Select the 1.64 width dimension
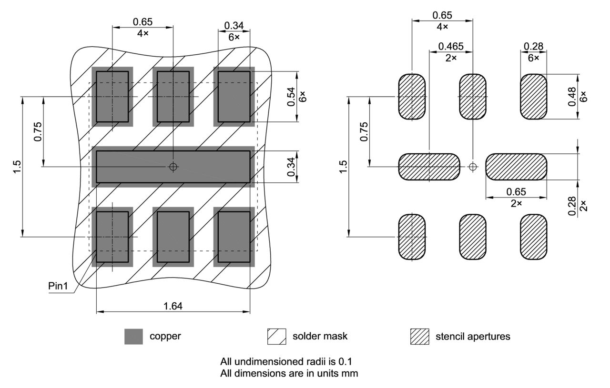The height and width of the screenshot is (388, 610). [173, 306]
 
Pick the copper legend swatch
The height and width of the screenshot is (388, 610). [133, 337]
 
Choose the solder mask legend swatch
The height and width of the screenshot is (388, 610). [276, 337]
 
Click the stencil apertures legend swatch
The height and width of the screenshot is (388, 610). [419, 337]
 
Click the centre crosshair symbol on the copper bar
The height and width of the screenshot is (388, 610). [173, 167]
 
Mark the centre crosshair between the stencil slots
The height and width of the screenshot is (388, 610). [472, 167]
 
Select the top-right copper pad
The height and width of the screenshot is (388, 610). [234, 97]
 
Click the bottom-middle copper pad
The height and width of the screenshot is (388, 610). [173, 237]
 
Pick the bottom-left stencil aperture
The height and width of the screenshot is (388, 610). [412, 237]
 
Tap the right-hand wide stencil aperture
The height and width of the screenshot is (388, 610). [516, 167]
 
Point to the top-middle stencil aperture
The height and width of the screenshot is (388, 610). [472, 97]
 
